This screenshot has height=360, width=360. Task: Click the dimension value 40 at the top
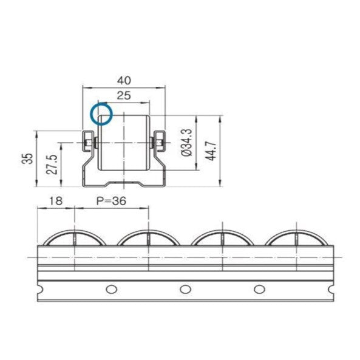click(124, 80)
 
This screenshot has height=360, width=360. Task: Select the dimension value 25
click(124, 95)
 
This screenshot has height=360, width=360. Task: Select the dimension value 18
click(55, 201)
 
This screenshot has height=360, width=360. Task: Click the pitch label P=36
click(110, 201)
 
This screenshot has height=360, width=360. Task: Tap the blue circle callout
click(100, 114)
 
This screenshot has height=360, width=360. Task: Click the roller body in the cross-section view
click(124, 143)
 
